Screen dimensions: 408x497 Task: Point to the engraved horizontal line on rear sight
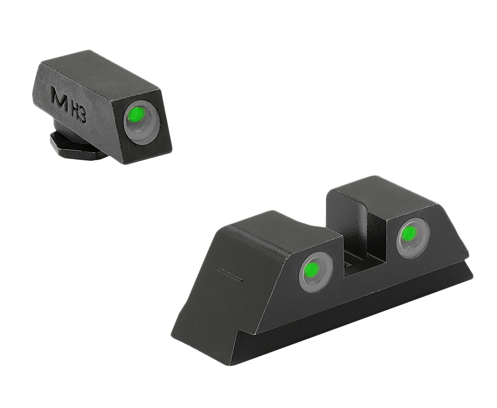229,276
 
